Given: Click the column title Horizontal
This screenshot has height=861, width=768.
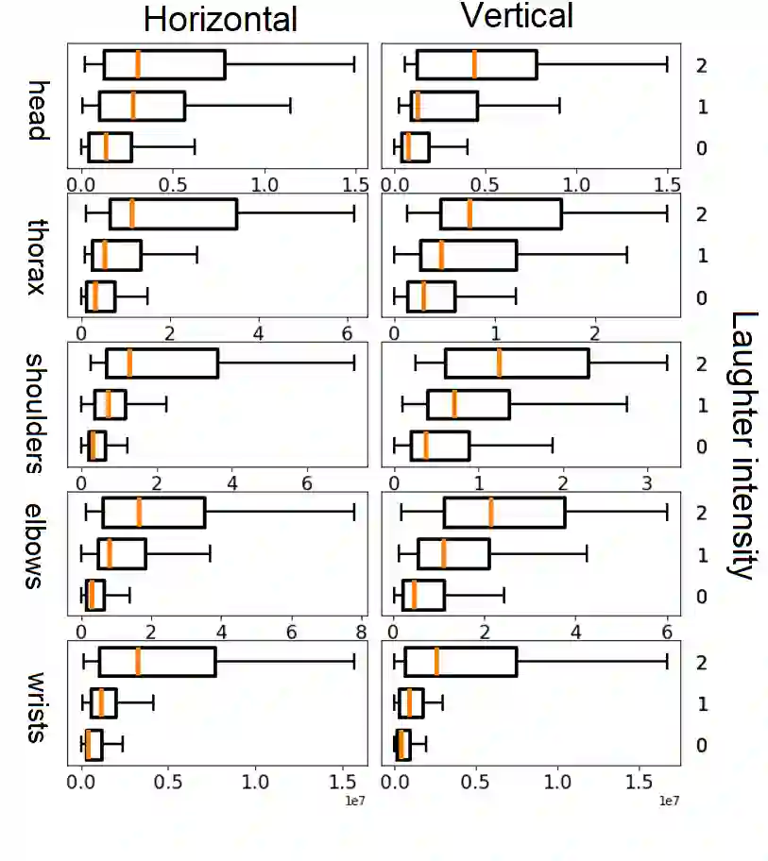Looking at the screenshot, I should [220, 19].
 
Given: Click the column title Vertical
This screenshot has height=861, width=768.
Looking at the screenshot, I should [517, 16].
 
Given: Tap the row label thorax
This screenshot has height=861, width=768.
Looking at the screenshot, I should [37, 256].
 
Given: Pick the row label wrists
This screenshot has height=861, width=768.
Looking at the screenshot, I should [37, 707].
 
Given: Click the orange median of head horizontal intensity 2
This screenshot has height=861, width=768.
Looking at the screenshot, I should [138, 64].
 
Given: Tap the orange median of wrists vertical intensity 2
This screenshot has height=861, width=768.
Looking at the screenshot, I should [436, 662].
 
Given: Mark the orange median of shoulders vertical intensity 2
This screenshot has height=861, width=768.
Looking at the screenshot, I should [499, 363].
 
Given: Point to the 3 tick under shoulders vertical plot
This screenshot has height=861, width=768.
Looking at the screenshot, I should [648, 482].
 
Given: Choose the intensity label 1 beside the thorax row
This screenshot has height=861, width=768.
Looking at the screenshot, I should [701, 256].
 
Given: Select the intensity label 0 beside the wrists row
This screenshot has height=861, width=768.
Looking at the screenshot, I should [701, 746].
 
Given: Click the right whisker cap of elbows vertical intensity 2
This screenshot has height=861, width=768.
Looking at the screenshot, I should [667, 513].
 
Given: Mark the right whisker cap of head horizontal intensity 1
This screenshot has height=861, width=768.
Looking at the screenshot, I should [290, 106].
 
